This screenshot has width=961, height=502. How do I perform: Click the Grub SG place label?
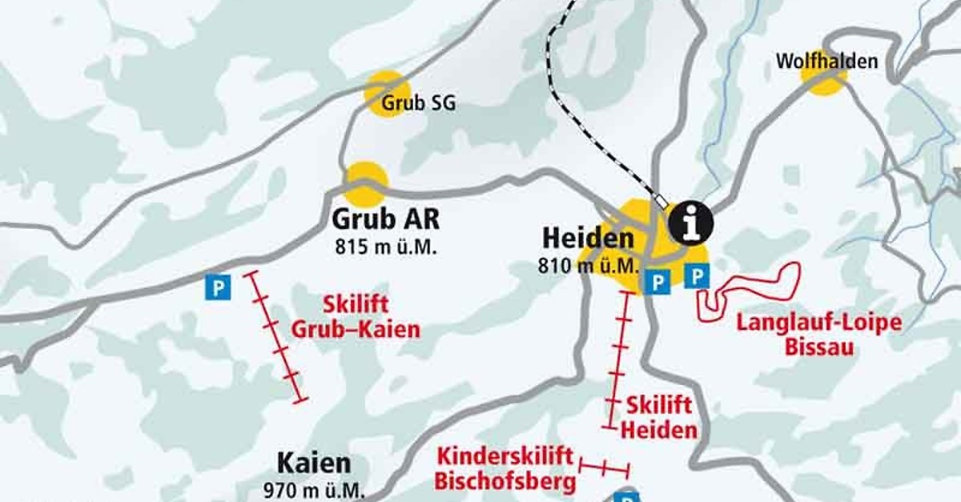(x=418, y=103)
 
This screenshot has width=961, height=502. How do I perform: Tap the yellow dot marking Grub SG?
(x=386, y=91)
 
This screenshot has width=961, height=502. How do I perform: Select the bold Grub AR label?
(x=386, y=219)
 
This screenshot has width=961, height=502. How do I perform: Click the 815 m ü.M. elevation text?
(x=386, y=246)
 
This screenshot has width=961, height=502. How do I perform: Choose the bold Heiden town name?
(x=588, y=238)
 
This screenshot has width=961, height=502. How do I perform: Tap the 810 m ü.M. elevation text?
(x=589, y=265)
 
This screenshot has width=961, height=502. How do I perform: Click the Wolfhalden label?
(x=826, y=61)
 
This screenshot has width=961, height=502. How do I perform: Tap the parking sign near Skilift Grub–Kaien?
(x=217, y=287)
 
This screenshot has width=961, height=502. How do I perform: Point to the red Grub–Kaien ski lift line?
(x=275, y=336)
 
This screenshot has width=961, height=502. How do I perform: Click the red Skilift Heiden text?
(x=658, y=417)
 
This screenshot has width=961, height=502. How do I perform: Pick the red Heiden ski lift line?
(x=619, y=360)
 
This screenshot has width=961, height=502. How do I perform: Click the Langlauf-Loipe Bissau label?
(x=818, y=335)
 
